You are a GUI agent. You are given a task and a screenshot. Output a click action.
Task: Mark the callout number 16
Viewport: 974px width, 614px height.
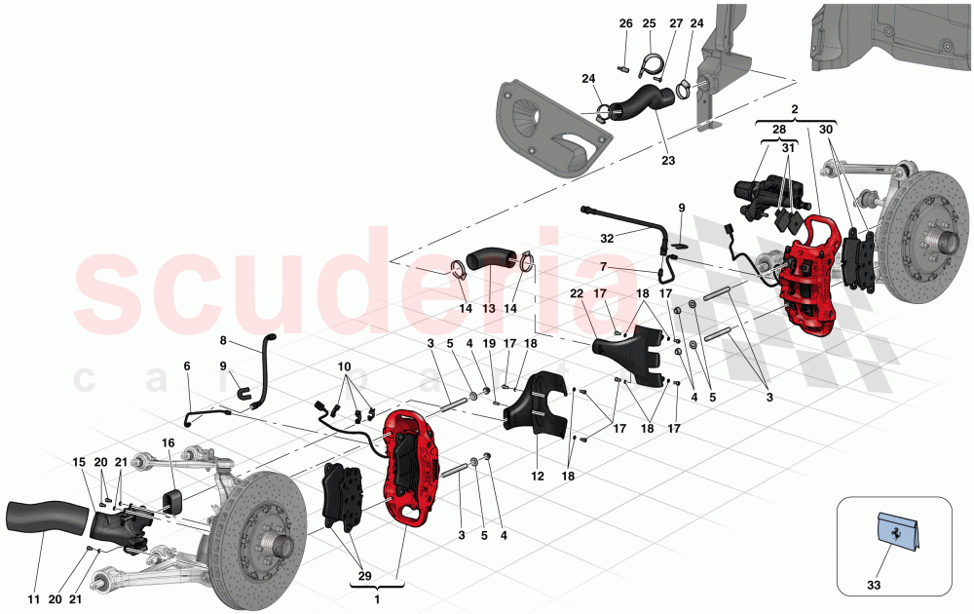click(x=168, y=443)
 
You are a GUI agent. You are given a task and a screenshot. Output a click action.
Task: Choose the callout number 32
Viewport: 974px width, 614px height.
click(x=607, y=237)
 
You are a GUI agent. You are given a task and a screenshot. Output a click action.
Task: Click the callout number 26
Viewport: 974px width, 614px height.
click(x=625, y=22)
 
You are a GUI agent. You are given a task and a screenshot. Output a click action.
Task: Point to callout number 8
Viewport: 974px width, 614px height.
click(x=223, y=341)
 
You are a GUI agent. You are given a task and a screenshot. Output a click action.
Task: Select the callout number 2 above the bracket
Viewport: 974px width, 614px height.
click(x=795, y=110)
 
